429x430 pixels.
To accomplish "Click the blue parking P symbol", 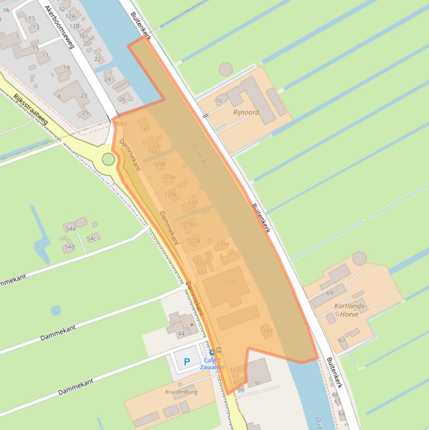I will [187, 362].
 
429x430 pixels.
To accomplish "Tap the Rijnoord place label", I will [246, 112].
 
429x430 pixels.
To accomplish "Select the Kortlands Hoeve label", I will [349, 310].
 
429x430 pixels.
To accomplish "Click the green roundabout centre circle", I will [108, 160].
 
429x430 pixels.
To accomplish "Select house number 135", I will [144, 129].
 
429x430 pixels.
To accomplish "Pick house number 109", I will [268, 331].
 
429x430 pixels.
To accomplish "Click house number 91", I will [258, 383].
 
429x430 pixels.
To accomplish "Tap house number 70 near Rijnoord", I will [218, 101].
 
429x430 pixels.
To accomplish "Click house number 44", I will [181, 334].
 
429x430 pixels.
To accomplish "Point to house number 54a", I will [70, 228].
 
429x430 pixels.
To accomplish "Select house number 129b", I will [160, 164].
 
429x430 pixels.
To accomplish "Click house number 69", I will [330, 293].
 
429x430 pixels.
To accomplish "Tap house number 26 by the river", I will [122, 99].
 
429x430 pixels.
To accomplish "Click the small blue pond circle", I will [56, 310].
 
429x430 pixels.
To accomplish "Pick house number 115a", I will [223, 243].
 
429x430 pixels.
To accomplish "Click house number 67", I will [342, 340].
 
